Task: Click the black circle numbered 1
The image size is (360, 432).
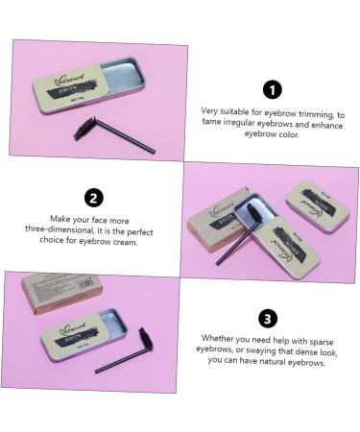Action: pos(272,90)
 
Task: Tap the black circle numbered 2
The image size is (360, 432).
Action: pos(94,199)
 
